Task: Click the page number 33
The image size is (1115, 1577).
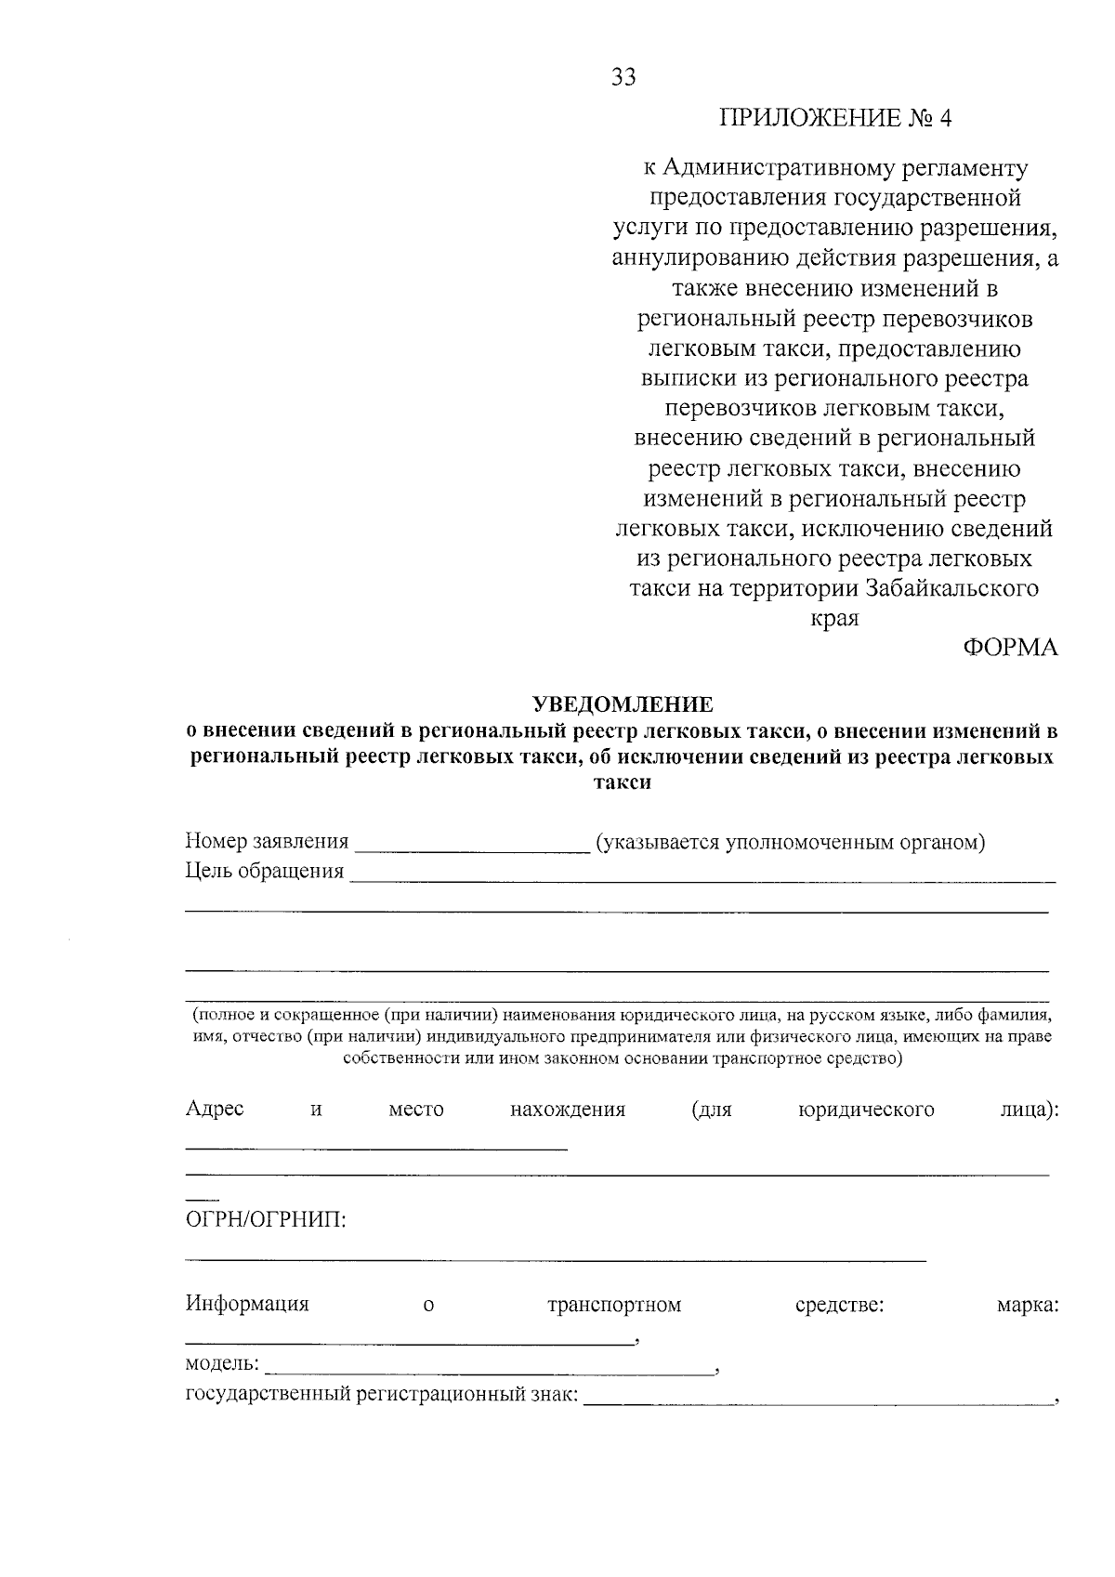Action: tap(623, 78)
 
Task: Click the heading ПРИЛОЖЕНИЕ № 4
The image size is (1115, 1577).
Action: tap(836, 119)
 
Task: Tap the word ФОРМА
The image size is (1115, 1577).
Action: tap(1009, 648)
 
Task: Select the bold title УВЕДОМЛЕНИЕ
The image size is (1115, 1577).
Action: tap(623, 704)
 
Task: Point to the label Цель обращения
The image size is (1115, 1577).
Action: tap(264, 872)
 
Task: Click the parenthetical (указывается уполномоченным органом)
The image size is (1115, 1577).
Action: tap(790, 843)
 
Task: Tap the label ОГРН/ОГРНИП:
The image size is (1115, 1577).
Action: tap(266, 1219)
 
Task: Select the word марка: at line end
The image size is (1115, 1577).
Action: tap(1027, 1305)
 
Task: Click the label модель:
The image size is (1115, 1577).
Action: tap(222, 1363)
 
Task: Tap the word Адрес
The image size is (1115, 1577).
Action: tap(215, 1109)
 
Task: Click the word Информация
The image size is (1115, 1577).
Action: tap(247, 1304)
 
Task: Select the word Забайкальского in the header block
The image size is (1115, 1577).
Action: tap(951, 588)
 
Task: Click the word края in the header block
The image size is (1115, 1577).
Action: tap(835, 618)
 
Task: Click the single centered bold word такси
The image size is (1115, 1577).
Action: tap(623, 782)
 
